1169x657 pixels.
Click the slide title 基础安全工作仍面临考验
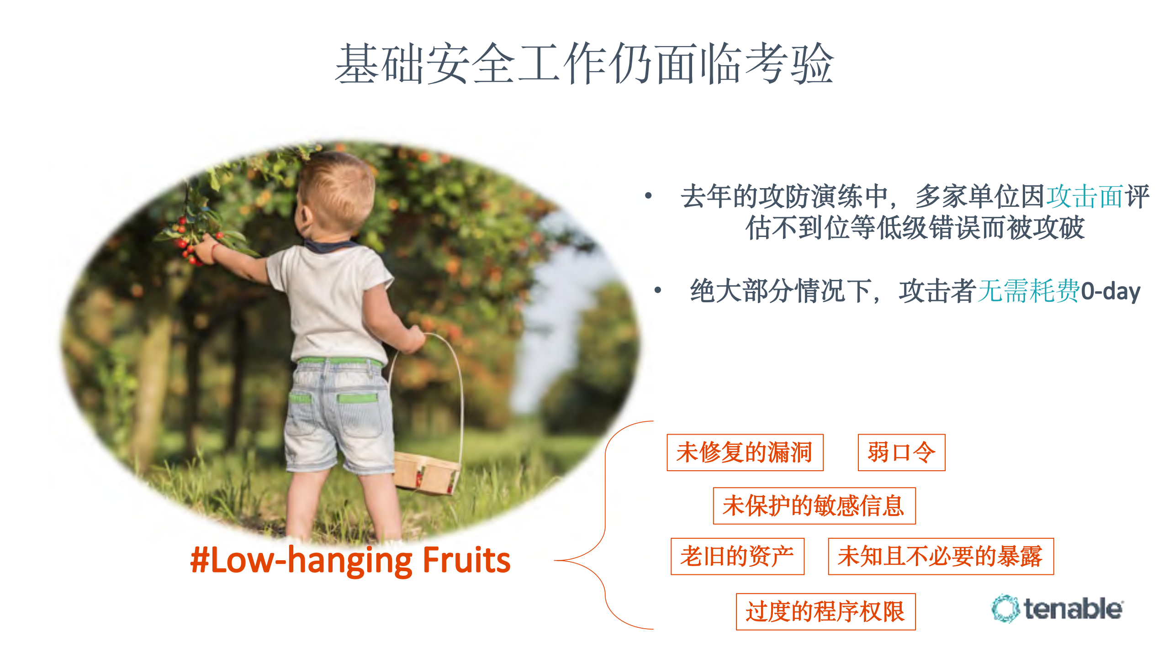point(584,64)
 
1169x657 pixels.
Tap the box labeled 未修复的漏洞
point(745,452)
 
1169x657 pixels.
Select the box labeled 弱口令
point(901,452)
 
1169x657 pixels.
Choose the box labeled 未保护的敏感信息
point(814,506)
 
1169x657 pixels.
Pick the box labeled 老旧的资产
point(737,557)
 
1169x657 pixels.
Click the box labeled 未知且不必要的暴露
point(941,557)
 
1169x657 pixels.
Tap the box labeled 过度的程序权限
point(825,612)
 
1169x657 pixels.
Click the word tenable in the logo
point(1073,609)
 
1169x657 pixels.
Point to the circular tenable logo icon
point(1005,609)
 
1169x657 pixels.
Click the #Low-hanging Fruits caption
point(350,560)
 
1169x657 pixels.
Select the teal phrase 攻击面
point(1084,197)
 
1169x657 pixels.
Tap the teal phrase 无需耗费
point(1028,291)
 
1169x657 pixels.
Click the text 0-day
point(1111,291)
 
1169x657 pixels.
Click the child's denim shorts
point(338,415)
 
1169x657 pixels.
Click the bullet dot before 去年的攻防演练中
point(648,196)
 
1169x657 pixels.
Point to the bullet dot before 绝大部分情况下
point(658,290)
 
